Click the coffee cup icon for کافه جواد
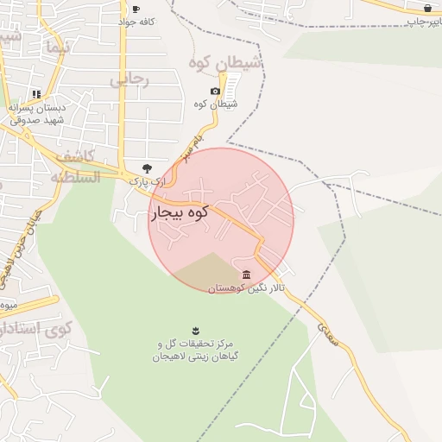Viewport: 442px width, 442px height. point(136,9)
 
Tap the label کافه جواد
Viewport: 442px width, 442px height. point(136,22)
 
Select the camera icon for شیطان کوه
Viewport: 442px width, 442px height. point(215,92)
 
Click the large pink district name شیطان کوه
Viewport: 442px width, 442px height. point(226,62)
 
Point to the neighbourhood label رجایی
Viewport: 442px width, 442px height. point(129,79)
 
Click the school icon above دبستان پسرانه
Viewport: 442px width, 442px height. point(36,94)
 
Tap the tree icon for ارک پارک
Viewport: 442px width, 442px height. point(146,168)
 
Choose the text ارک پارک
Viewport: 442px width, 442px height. point(146,182)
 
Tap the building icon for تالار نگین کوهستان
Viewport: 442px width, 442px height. point(247,275)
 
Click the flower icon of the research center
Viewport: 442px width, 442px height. point(195,331)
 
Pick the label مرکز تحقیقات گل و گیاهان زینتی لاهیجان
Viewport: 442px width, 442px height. point(195,350)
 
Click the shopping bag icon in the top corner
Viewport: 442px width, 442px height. point(426,8)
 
